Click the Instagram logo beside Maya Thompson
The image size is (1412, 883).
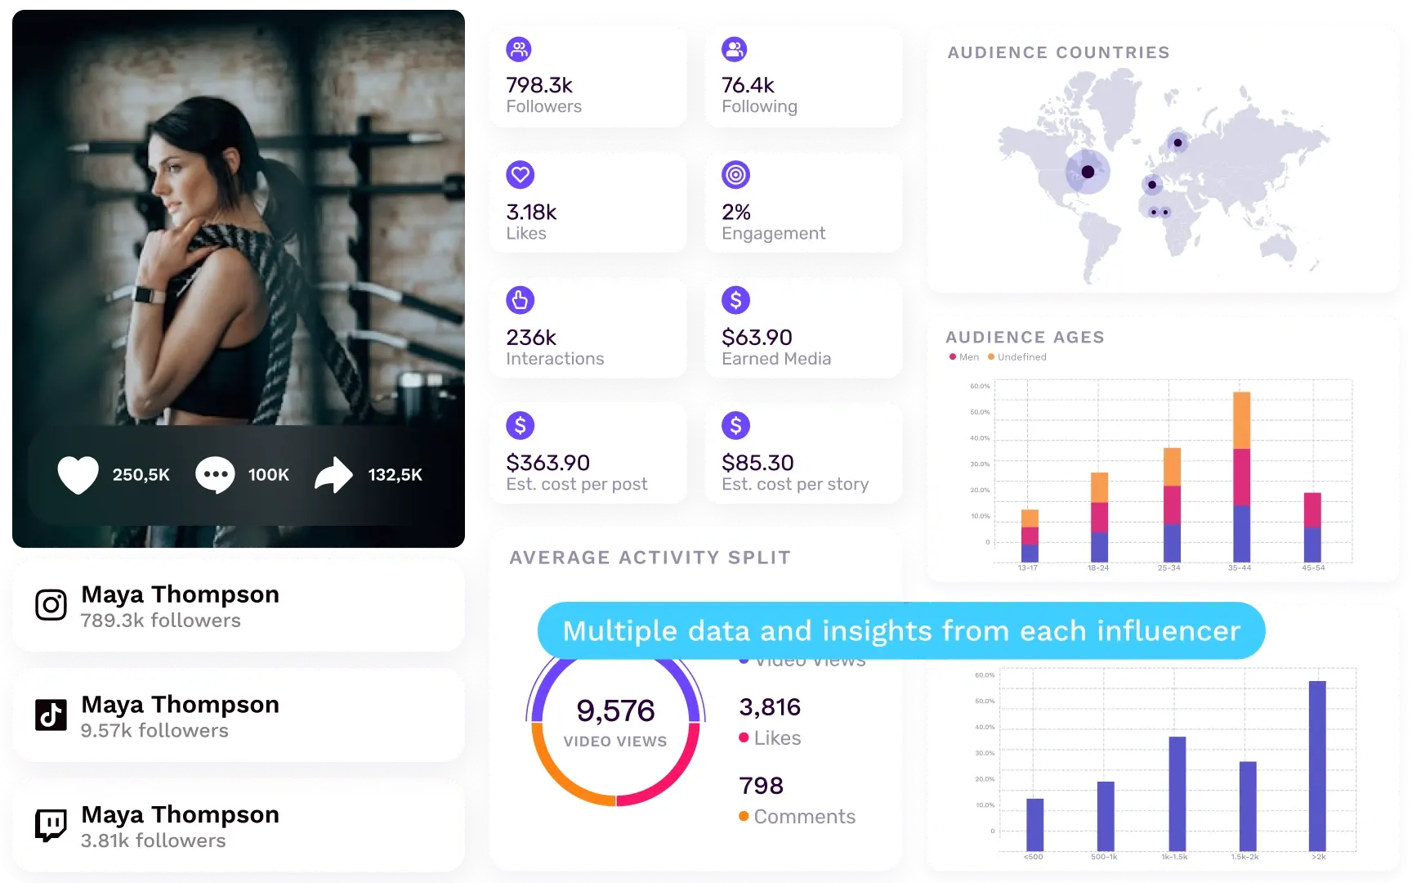point(51,605)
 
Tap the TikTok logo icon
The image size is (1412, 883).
point(51,715)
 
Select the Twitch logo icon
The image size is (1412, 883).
point(51,825)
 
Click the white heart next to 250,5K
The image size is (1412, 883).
point(78,475)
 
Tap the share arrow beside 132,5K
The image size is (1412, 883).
point(333,475)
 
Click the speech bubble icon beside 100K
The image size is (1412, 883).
point(215,475)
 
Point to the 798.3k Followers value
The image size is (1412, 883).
point(539,85)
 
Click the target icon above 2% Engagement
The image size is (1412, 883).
point(735,175)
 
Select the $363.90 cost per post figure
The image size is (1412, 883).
point(547,463)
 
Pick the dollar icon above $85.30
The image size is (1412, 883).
point(735,425)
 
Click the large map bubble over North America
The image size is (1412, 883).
point(1088,172)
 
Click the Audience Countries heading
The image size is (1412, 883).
point(1058,52)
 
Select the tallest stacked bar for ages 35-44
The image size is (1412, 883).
point(1241,477)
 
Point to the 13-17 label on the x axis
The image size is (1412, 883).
point(1028,567)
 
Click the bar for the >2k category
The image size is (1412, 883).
point(1317,766)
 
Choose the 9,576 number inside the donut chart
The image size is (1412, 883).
point(615,710)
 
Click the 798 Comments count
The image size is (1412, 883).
point(761,786)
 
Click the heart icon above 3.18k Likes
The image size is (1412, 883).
point(520,175)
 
